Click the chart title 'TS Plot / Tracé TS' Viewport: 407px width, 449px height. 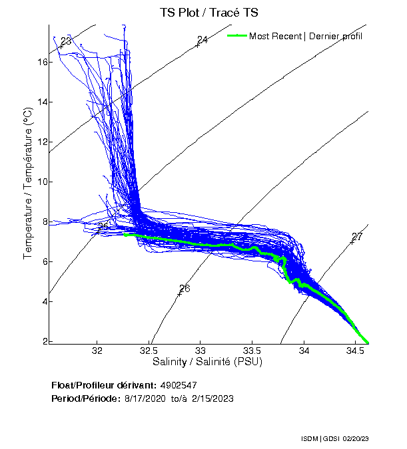[x=203, y=13]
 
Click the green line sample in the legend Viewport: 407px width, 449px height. [x=236, y=35]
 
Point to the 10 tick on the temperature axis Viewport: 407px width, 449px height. [x=42, y=182]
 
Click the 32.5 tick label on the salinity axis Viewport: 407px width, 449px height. [x=149, y=351]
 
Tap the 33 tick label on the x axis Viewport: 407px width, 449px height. [x=201, y=351]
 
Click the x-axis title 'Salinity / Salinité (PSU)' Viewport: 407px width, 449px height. [x=208, y=363]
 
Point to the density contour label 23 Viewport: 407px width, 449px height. [x=65, y=42]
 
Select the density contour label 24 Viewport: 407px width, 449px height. [x=203, y=40]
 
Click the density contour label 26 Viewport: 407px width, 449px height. [x=185, y=289]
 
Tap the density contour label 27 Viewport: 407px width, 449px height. [x=357, y=237]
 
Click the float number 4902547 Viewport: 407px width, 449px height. [x=179, y=385]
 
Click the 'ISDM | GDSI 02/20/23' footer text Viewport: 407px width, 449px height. [x=336, y=439]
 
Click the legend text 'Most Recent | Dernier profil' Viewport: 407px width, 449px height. [x=306, y=36]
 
